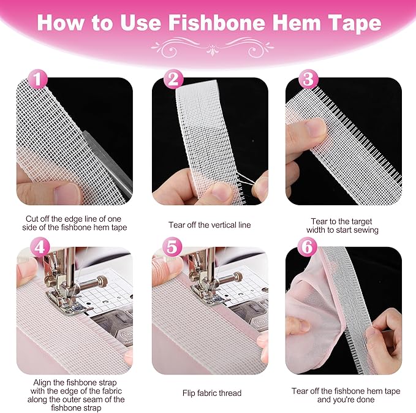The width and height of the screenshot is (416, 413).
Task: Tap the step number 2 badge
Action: pyautogui.click(x=173, y=80)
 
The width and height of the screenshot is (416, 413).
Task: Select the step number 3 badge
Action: pyautogui.click(x=308, y=80)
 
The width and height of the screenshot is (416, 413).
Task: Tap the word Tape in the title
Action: pyautogui.click(x=357, y=24)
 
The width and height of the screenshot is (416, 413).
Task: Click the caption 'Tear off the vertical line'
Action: pyautogui.click(x=210, y=225)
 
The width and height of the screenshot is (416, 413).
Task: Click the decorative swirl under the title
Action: pyautogui.click(x=208, y=47)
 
